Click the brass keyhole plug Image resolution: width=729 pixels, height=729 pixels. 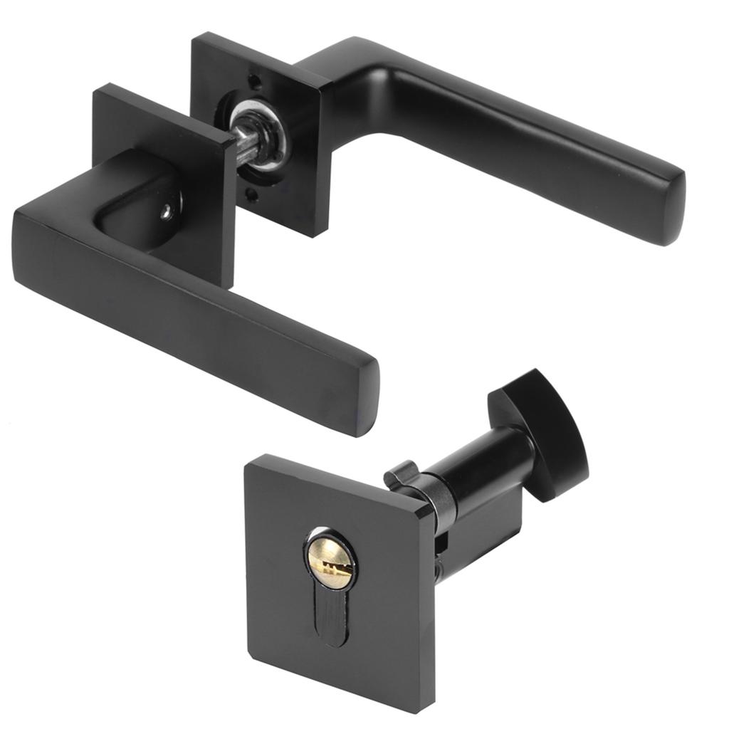tap(332, 562)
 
